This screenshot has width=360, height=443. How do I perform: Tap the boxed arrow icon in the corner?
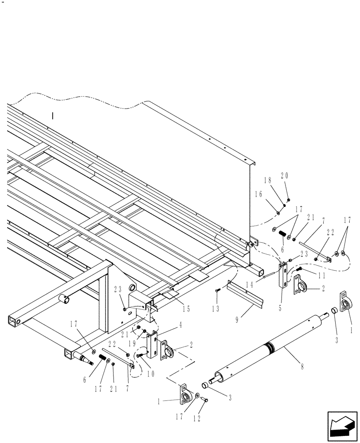(342, 426)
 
